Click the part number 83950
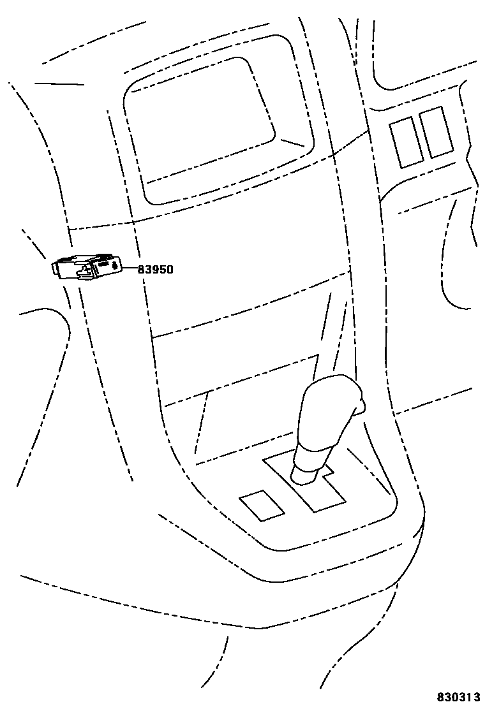tap(156, 270)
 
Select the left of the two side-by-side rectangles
tap(406, 142)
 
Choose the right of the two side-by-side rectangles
tap(436, 131)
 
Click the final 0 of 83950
tap(170, 270)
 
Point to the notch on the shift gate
tap(329, 472)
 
